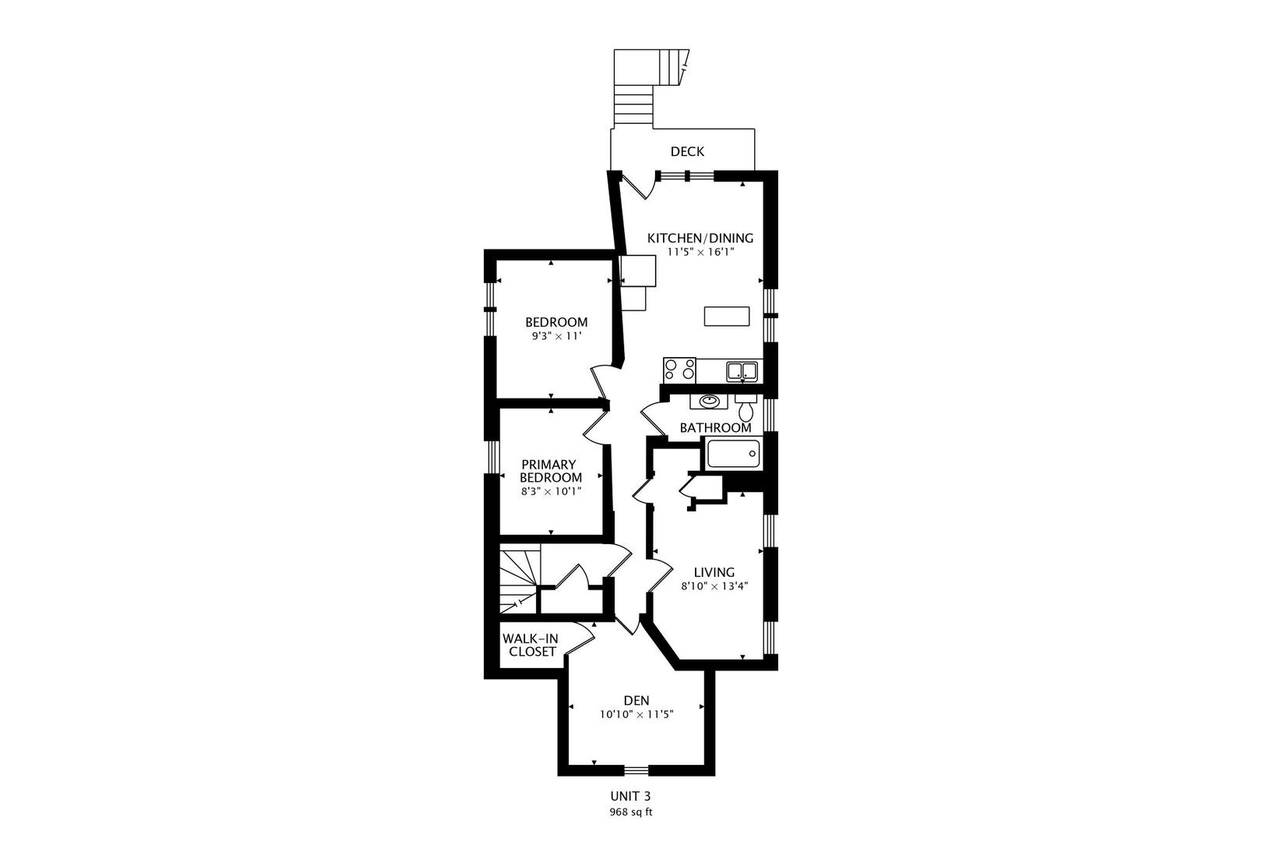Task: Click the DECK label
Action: [687, 151]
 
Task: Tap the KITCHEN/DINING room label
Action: [700, 238]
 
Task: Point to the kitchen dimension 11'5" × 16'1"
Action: [700, 252]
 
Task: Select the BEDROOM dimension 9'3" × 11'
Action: [556, 336]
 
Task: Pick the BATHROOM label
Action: [715, 427]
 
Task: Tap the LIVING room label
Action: [714, 572]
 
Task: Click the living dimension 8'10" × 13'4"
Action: [714, 586]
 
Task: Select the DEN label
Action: [636, 700]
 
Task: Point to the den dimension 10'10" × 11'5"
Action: [636, 715]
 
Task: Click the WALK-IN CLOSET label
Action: [531, 646]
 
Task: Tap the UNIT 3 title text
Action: [630, 796]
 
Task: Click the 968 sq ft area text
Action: [630, 812]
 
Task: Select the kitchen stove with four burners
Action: [679, 370]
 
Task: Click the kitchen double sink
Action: [742, 371]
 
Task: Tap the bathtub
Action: [733, 454]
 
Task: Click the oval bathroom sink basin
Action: [709, 401]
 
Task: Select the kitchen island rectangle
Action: [727, 316]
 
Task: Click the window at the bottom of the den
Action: [636, 770]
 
